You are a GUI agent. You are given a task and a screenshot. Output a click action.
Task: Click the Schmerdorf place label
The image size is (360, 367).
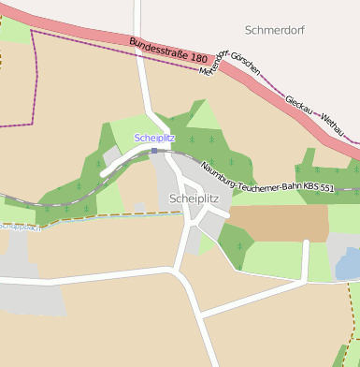tap(275, 30)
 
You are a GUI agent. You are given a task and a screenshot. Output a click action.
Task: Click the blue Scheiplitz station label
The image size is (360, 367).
tap(154, 138)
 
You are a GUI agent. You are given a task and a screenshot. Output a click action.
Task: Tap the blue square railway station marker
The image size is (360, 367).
tap(154, 150)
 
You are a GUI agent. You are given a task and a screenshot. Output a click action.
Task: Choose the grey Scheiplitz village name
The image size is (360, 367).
tap(194, 198)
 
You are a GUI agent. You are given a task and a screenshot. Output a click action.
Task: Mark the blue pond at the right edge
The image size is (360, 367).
tap(348, 265)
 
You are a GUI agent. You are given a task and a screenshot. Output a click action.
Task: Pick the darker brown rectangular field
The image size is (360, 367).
tap(279, 223)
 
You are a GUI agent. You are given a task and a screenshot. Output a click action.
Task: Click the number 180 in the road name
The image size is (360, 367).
tap(197, 59)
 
